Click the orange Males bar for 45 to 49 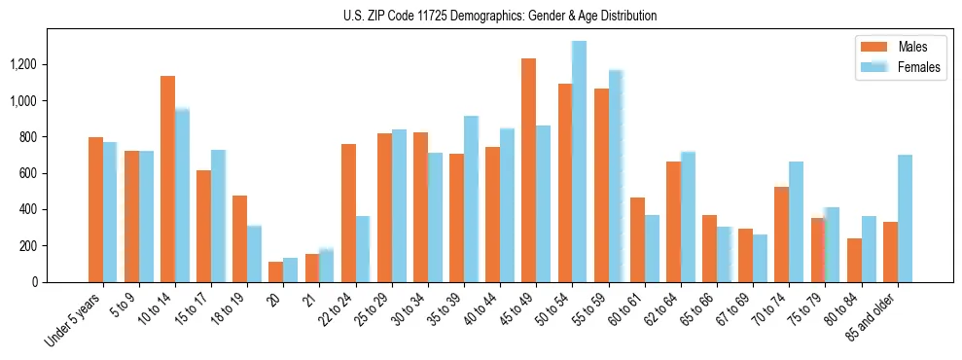[x=528, y=170]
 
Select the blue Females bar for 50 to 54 [x=580, y=162]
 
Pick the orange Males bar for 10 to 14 [x=167, y=179]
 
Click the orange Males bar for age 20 [x=275, y=271]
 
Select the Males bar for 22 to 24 [x=348, y=213]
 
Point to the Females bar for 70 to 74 [x=796, y=222]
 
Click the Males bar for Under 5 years [x=95, y=209]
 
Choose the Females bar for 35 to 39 [x=471, y=199]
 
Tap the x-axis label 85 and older [x=872, y=317]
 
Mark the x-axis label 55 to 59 [x=591, y=309]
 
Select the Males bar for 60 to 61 [x=637, y=240]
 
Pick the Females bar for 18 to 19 [x=254, y=254]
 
